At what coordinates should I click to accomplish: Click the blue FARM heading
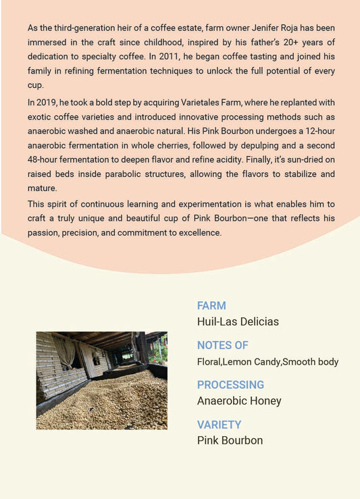211,306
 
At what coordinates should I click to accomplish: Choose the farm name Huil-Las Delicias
238,321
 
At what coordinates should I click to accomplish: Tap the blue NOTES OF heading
223,345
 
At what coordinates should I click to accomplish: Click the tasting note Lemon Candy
251,362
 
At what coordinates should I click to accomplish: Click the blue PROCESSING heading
230,385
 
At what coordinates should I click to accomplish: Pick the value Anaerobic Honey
239,400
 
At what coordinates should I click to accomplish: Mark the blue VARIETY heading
219,425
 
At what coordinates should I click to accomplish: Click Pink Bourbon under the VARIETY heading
230,440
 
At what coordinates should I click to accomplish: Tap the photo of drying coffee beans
101,380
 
